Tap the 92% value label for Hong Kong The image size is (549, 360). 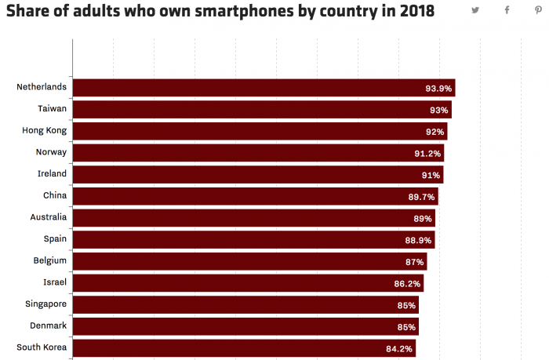(435, 132)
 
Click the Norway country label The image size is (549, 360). (51, 151)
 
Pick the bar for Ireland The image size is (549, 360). (258, 174)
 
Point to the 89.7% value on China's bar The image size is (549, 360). (422, 197)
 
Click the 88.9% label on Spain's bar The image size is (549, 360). (419, 240)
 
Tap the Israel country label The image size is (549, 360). (55, 282)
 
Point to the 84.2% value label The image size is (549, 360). (400, 348)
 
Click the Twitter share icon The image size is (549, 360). (475, 10)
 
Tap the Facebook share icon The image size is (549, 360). (507, 10)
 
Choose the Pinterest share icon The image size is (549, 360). (537, 10)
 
